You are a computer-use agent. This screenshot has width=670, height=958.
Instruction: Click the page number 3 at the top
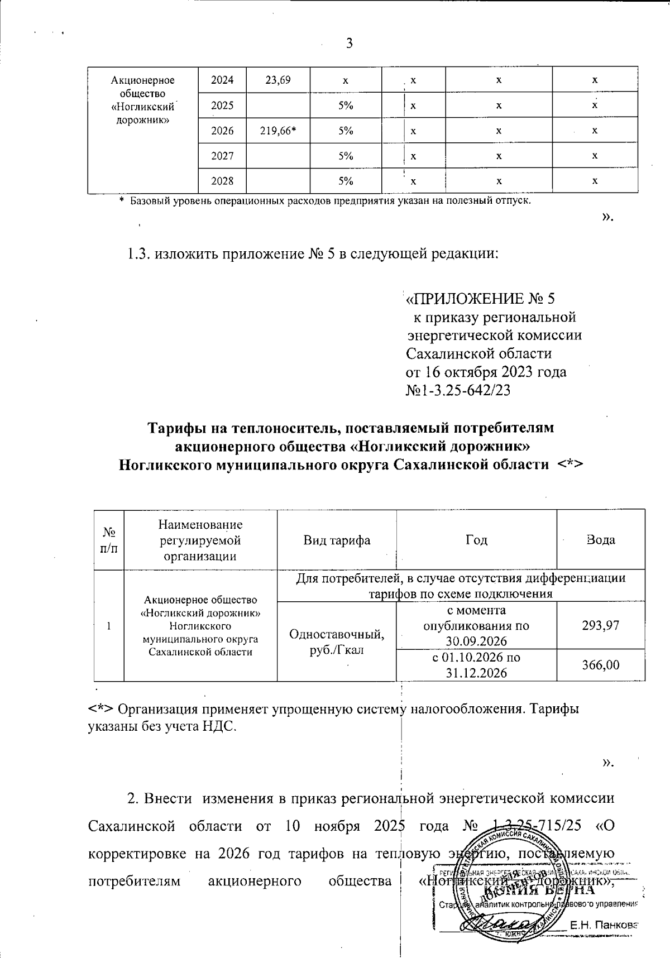coord(350,44)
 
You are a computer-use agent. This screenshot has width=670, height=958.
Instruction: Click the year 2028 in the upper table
coord(222,181)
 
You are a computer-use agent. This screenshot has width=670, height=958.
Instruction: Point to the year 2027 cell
coord(222,156)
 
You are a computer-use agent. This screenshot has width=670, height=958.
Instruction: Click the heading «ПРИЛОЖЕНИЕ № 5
coord(481,299)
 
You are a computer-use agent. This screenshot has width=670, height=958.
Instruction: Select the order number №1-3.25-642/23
coord(458,390)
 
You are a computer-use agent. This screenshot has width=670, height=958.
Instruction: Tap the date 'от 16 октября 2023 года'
coord(485,372)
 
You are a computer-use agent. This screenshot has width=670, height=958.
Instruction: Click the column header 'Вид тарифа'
coord(337,540)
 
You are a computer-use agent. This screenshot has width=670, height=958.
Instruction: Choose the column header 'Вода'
coord(601,540)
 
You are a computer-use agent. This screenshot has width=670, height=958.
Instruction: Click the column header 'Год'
coord(476,540)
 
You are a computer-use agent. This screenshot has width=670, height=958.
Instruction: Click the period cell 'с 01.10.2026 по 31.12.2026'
coord(476,665)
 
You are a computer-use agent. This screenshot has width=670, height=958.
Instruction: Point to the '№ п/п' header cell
coord(109,540)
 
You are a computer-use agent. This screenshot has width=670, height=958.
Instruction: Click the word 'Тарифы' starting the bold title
coord(175,428)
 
